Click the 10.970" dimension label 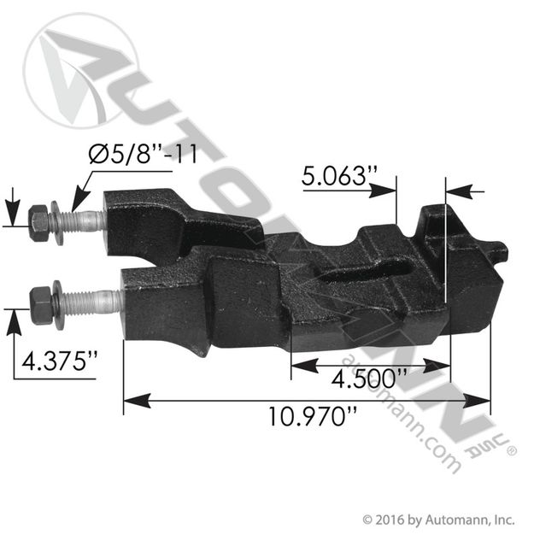pos(313,416)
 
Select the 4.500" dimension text pos(369,379)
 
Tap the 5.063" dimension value pos(340,176)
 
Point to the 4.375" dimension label pos(60,361)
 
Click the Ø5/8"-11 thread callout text pos(143,154)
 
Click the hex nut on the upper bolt pos(38,223)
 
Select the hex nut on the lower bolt pos(41,305)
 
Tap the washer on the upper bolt pos(57,223)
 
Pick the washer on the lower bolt pos(59,305)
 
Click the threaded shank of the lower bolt pos(92,303)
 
